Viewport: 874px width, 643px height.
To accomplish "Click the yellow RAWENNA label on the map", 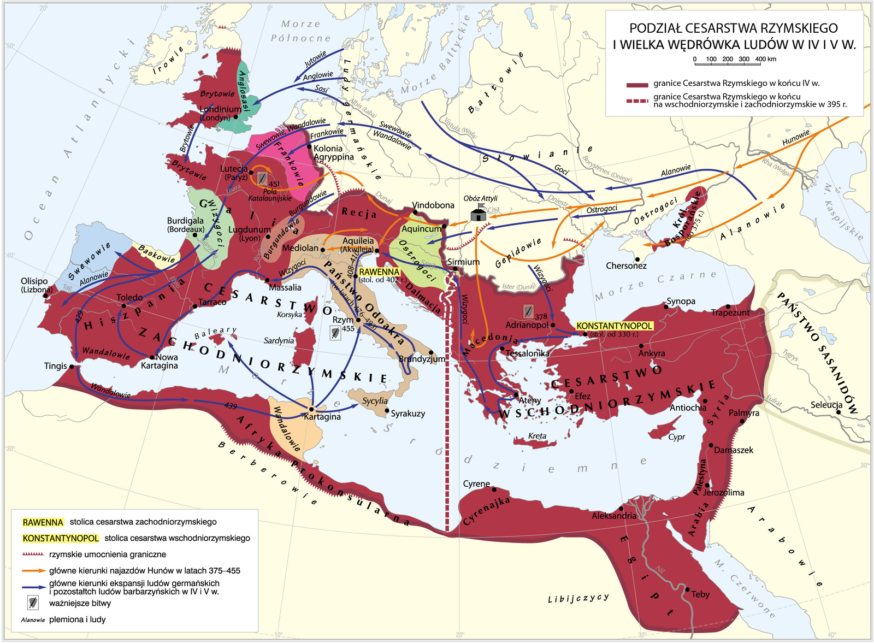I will pos(379,272).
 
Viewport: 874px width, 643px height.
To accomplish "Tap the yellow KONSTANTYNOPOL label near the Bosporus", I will pos(615,326).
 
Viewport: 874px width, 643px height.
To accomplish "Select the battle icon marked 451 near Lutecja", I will pos(262,178).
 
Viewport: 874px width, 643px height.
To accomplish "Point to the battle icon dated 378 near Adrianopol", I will pos(528,311).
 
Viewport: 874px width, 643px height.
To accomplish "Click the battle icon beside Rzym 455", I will pos(335,333).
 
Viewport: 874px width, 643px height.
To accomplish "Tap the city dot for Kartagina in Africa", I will pos(311,409).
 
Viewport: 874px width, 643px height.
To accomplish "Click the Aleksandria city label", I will pos(613,515).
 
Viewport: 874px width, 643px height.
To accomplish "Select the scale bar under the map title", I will pos(727,64).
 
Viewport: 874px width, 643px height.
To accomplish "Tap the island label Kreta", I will pos(537,436).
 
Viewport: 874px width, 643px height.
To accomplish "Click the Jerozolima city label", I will pos(723,492).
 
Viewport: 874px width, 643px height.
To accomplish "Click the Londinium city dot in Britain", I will pos(235,116).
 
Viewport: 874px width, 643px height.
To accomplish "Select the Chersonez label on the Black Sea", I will pos(626,266).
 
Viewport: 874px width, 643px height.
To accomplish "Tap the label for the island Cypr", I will pos(676,437).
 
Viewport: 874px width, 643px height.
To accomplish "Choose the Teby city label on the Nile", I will pos(700,594).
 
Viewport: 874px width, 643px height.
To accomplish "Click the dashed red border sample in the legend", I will pos(636,101).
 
